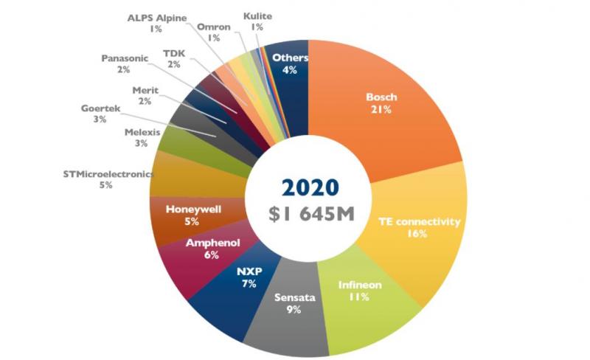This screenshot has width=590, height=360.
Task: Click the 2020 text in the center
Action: tap(310, 187)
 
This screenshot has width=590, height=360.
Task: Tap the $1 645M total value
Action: tap(311, 213)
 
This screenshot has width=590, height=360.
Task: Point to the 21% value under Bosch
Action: tap(381, 110)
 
